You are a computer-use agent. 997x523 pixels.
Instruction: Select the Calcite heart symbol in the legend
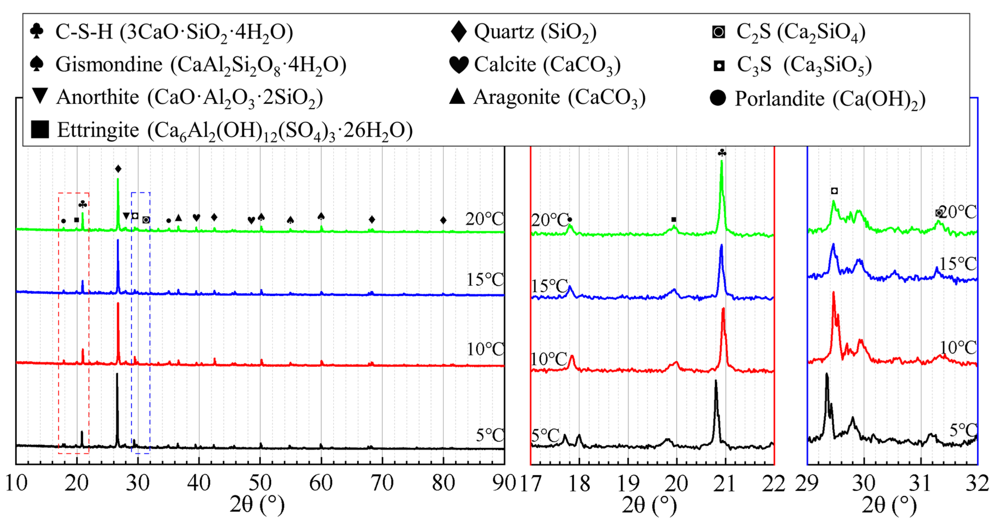coord(459,64)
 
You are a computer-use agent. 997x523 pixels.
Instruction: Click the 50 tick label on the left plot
coord(260,483)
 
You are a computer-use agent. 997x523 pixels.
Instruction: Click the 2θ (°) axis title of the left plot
coord(257,505)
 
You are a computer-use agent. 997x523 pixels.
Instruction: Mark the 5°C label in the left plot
coord(490,435)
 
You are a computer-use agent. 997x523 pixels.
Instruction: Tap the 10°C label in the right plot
coord(958,348)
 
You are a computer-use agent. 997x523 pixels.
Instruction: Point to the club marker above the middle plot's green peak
coord(722,153)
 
